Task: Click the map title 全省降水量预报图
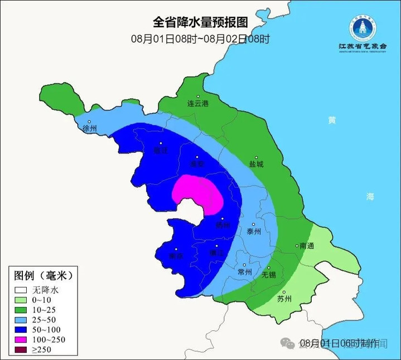coord(200,22)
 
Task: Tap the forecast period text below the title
coord(200,39)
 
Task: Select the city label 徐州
coord(89,128)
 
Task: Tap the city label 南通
coord(306,246)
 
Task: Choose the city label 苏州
coord(284,299)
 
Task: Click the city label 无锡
coord(269,275)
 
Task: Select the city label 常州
coord(244,272)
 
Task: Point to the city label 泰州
coord(253,232)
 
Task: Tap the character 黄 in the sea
coord(332,120)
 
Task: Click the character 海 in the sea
coord(370,196)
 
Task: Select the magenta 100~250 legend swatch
coord(21,340)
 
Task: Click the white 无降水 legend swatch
coord(21,290)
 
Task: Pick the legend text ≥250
coord(42,350)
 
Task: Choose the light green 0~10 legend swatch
coord(21,300)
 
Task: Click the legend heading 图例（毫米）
coord(43,276)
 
